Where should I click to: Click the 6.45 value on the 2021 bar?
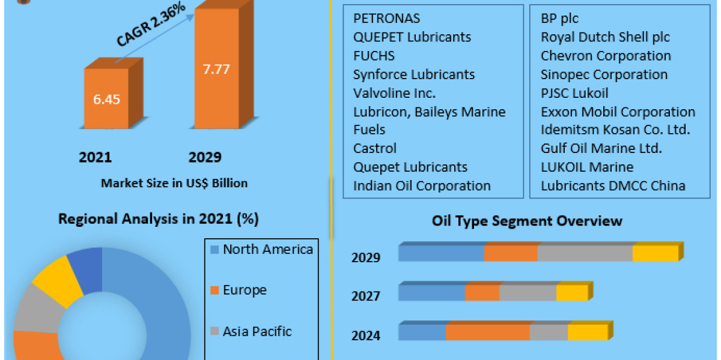pyautogui.click(x=106, y=100)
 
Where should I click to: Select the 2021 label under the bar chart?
pyautogui.click(x=95, y=157)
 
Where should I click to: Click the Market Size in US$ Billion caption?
pyautogui.click(x=174, y=183)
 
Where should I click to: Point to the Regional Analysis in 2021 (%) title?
pyautogui.click(x=158, y=219)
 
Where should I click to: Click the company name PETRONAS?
pyautogui.click(x=386, y=18)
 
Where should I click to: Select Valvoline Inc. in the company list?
pyautogui.click(x=394, y=93)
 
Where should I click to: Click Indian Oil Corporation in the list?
pyautogui.click(x=422, y=186)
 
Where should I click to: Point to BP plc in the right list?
pyautogui.click(x=559, y=18)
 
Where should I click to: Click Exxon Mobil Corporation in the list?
pyautogui.click(x=618, y=112)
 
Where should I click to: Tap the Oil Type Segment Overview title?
pyautogui.click(x=527, y=221)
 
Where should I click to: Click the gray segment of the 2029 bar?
pyautogui.click(x=585, y=253)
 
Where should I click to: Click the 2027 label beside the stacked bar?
pyautogui.click(x=366, y=296)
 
